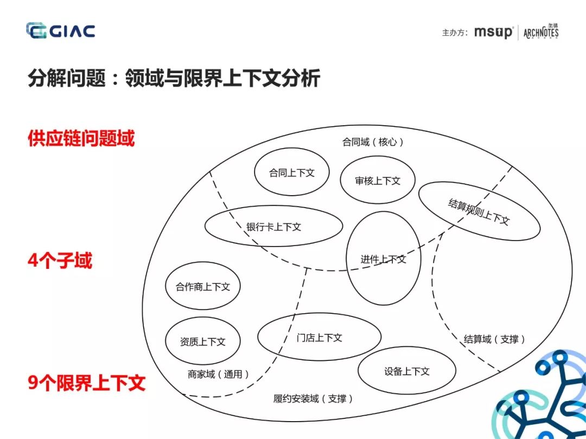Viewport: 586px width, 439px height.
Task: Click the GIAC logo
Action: (60, 30)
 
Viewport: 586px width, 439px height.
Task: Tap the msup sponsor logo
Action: (493, 32)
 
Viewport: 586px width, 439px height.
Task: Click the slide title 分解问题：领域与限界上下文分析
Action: (174, 79)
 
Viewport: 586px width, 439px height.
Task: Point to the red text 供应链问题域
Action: (81, 139)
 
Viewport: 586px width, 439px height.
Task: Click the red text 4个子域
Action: (60, 261)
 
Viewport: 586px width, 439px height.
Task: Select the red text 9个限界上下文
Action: (87, 383)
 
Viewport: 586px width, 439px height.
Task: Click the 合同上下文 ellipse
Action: (292, 172)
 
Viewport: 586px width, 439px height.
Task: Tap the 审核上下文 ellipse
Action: (378, 180)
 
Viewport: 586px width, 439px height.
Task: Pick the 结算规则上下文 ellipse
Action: (479, 211)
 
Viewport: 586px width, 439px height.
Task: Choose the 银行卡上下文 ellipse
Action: (273, 227)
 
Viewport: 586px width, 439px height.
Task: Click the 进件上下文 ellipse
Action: (383, 259)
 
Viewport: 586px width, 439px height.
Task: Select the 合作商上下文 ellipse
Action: (202, 287)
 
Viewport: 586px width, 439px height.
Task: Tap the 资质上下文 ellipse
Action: (202, 341)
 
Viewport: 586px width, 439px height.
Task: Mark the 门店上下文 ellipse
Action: (319, 337)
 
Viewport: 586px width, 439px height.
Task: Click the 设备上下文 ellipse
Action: (407, 371)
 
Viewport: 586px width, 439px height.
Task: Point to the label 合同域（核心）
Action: (373, 142)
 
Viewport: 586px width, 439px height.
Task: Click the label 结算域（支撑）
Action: (495, 339)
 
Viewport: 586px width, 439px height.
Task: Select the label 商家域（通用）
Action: (219, 374)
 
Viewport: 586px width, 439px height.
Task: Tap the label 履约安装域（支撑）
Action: (314, 399)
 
